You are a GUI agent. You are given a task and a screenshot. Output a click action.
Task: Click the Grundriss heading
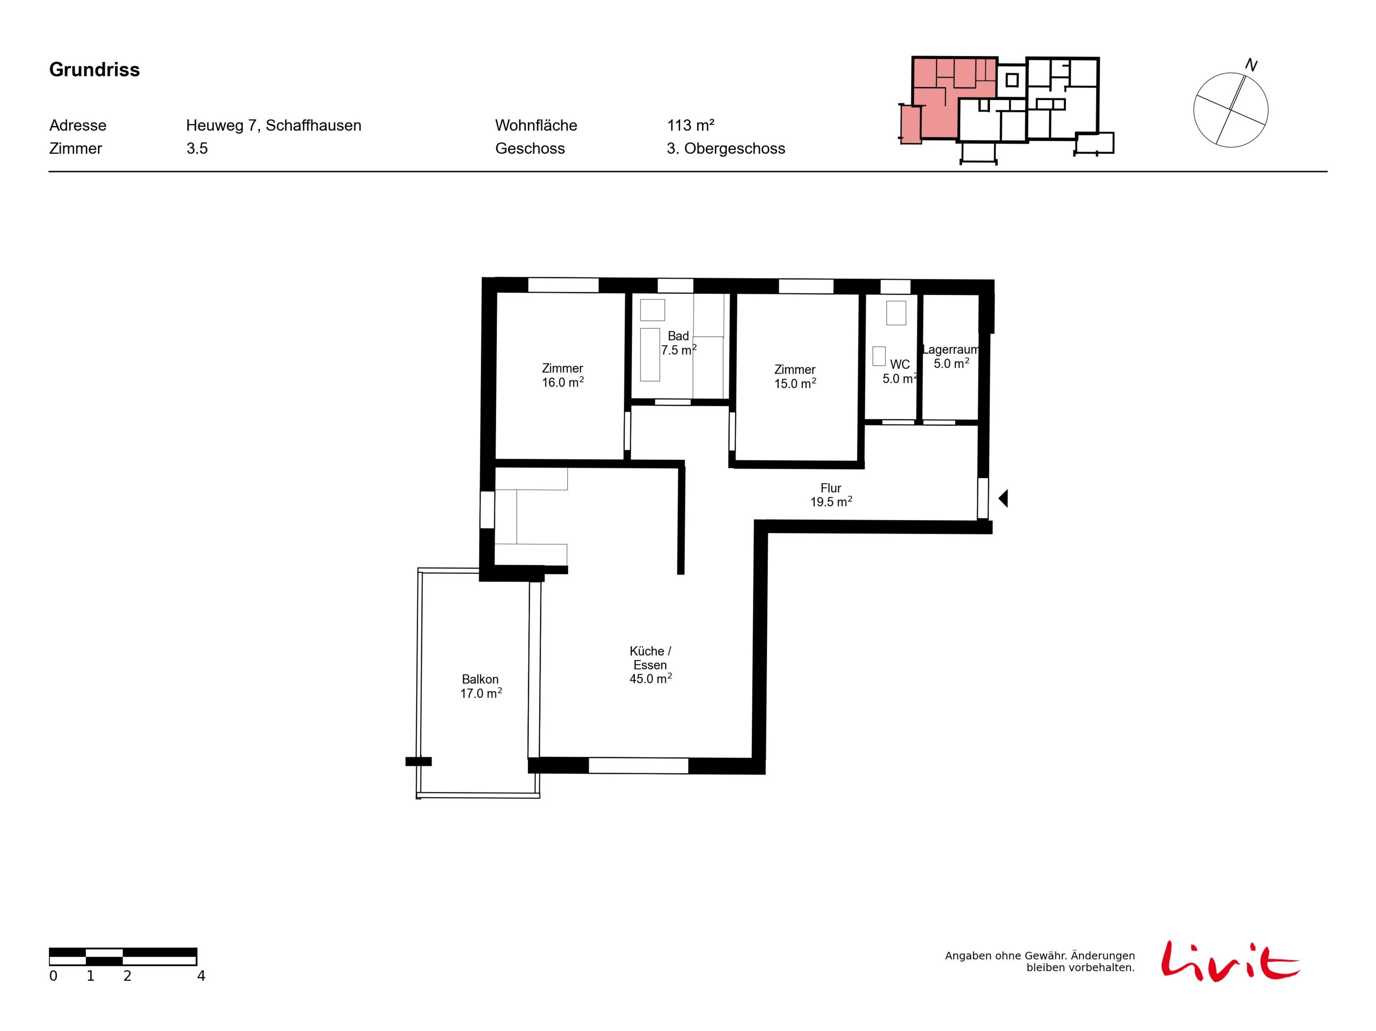(95, 69)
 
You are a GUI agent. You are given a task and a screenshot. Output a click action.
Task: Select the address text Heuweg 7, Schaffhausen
(274, 126)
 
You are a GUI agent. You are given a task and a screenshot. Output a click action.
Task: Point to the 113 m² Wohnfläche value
(691, 126)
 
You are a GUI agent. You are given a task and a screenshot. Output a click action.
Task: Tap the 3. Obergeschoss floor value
(726, 149)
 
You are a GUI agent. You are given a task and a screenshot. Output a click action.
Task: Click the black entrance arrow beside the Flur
(1003, 498)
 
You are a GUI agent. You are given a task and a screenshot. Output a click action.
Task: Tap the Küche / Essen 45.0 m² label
(651, 665)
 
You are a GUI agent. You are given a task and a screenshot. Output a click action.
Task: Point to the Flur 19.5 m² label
(831, 495)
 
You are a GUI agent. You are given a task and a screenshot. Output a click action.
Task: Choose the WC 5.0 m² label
(899, 371)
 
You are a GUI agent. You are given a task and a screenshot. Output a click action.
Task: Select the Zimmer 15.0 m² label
(795, 377)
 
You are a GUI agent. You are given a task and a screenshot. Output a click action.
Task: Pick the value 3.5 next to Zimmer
(197, 149)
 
